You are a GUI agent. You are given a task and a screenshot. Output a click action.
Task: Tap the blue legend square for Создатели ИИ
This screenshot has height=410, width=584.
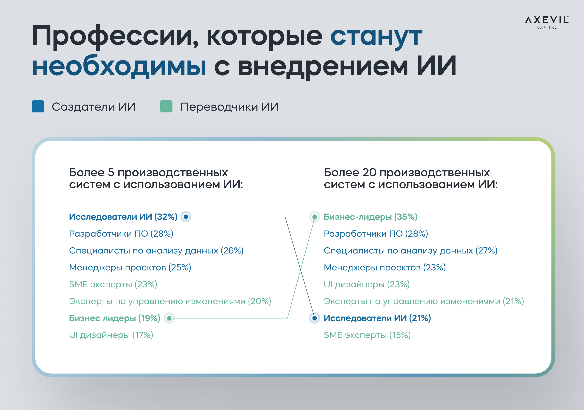(x=38, y=106)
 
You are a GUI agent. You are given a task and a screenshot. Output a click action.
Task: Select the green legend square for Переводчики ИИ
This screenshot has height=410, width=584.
(x=166, y=106)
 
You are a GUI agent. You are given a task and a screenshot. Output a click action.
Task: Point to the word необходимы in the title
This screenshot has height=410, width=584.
(x=119, y=66)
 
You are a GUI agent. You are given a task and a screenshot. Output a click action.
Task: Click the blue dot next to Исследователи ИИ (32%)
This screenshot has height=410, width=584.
(x=186, y=217)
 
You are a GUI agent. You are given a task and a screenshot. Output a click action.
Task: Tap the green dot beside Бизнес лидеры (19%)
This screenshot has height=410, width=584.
(x=169, y=318)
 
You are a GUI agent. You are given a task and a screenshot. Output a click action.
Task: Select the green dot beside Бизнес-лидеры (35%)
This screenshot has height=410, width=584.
(x=315, y=217)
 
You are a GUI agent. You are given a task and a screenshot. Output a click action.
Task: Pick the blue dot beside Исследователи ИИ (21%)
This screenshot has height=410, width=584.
(x=315, y=318)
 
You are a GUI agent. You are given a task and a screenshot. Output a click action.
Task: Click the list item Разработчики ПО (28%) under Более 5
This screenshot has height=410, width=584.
(x=121, y=234)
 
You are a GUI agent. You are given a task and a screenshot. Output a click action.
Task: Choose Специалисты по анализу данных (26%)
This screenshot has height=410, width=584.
(x=156, y=251)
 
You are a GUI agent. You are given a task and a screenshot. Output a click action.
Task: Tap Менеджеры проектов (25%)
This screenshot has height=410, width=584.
(x=130, y=267)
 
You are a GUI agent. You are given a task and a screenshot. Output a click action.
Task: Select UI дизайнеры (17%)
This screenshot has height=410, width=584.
(x=111, y=335)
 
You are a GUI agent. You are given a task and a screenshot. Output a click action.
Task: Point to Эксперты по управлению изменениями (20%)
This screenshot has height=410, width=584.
(x=170, y=301)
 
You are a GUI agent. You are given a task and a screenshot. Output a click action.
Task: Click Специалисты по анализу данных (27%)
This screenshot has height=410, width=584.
(x=410, y=251)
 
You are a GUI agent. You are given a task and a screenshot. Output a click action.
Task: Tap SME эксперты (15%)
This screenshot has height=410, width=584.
(x=367, y=335)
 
